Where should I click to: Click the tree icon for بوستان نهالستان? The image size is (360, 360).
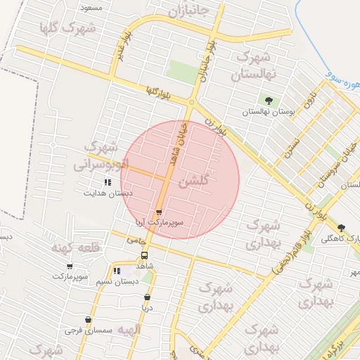[x=267, y=100]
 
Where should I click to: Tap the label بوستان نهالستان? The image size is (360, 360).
[x=266, y=112]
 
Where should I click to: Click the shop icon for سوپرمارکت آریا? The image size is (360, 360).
[x=159, y=211]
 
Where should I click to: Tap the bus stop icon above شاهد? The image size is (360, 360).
[x=144, y=255]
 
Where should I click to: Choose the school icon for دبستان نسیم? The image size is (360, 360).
[x=117, y=271]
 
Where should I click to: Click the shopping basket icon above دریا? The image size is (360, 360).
[x=147, y=297]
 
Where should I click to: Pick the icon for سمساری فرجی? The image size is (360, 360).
[x=88, y=320]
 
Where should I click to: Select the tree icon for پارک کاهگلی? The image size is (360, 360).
[x=342, y=228]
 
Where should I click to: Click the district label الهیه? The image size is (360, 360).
[x=129, y=329]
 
